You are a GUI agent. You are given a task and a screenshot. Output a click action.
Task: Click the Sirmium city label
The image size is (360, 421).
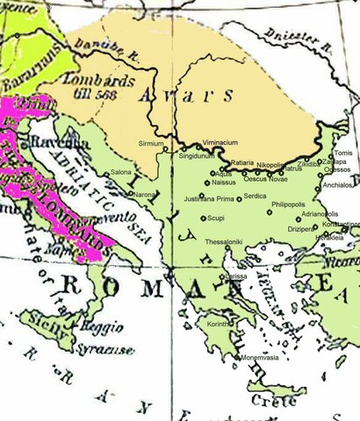[x=151, y=142]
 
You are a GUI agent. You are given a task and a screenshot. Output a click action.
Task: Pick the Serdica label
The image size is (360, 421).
[x=256, y=196]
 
